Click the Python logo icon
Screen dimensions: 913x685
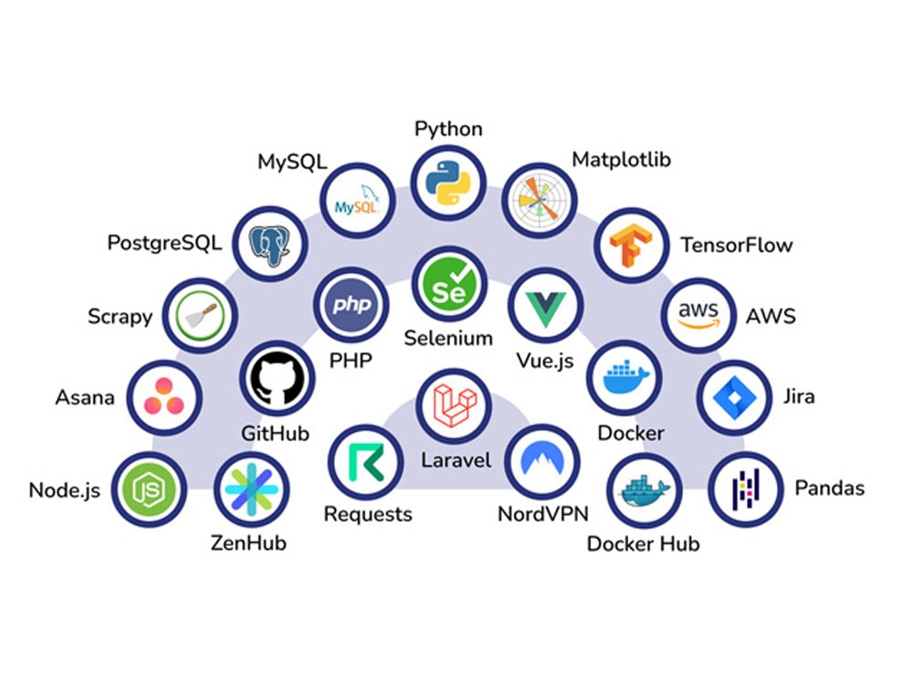tap(448, 183)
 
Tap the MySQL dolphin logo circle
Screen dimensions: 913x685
tap(358, 200)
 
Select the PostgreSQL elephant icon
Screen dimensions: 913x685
tap(269, 245)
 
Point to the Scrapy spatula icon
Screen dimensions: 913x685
tap(200, 316)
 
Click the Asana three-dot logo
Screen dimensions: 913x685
tap(164, 397)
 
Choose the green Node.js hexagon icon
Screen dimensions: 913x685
tap(149, 490)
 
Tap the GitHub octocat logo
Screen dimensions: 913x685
tap(278, 379)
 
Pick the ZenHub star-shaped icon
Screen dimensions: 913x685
tap(252, 490)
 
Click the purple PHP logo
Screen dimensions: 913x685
tap(352, 305)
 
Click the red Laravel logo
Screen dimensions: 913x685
tap(455, 406)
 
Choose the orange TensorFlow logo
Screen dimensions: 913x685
tap(631, 245)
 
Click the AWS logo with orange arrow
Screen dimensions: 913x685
tap(698, 315)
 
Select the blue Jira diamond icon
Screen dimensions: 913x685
tap(735, 398)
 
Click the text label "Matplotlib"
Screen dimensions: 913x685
tap(621, 160)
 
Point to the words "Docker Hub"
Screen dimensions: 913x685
tap(644, 543)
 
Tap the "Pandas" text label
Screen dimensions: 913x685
tap(830, 488)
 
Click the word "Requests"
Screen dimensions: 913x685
tap(368, 514)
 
